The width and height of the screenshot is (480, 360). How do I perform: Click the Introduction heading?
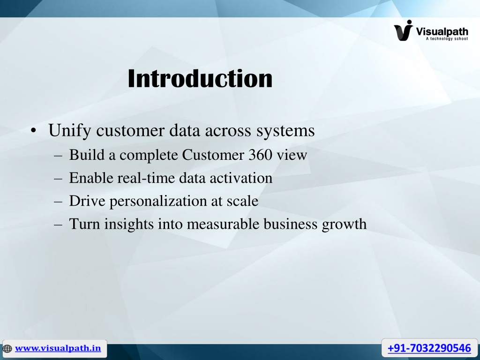[200, 78]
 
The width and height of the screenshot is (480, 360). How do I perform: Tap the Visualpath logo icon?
[404, 30]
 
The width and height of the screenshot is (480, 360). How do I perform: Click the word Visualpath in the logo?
[442, 31]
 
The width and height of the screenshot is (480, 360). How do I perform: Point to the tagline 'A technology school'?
[447, 38]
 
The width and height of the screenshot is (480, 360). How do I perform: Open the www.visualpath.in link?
[58, 348]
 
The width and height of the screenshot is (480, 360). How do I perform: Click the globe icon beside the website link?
[7, 348]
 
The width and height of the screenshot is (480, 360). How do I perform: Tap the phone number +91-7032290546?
[429, 348]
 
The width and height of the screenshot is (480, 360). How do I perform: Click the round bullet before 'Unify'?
[33, 131]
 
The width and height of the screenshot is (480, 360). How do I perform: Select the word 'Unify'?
[69, 130]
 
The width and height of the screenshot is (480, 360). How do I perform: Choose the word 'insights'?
[129, 224]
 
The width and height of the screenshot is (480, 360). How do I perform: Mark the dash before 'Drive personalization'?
[58, 202]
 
